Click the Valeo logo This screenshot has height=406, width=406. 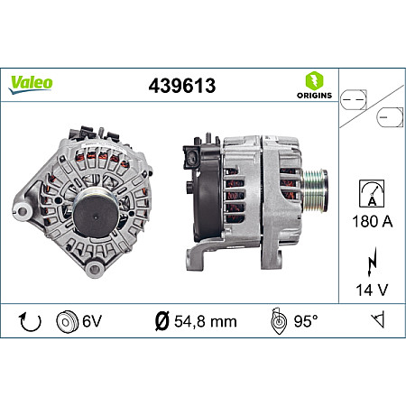tap(32, 82)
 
